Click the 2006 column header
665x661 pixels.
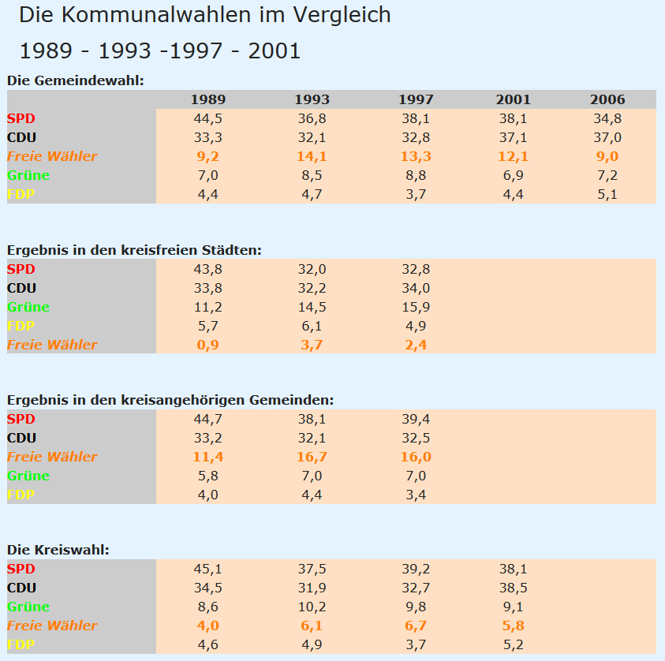click(607, 99)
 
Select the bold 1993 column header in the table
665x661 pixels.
click(312, 99)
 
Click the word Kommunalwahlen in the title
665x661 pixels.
click(149, 14)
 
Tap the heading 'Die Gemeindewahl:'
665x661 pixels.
click(75, 80)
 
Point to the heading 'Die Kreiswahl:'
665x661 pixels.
click(58, 549)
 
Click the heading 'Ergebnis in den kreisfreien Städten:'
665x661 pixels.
click(134, 249)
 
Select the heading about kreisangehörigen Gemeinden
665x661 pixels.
click(170, 400)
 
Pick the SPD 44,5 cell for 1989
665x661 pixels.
click(207, 118)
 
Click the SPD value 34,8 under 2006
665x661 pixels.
click(607, 118)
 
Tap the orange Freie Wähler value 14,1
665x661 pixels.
click(312, 156)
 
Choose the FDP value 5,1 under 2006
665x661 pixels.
click(607, 194)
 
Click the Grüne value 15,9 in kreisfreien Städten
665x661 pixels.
click(416, 307)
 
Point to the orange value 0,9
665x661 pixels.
click(207, 345)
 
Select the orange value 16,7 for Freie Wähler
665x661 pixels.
click(312, 457)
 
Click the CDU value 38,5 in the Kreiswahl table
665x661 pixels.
click(513, 588)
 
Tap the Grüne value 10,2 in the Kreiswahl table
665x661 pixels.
click(312, 607)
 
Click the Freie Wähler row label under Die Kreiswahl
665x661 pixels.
click(52, 626)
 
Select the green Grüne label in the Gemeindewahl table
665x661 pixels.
click(28, 175)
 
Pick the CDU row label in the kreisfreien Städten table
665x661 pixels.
click(22, 288)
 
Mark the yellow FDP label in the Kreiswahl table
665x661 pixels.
click(21, 644)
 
